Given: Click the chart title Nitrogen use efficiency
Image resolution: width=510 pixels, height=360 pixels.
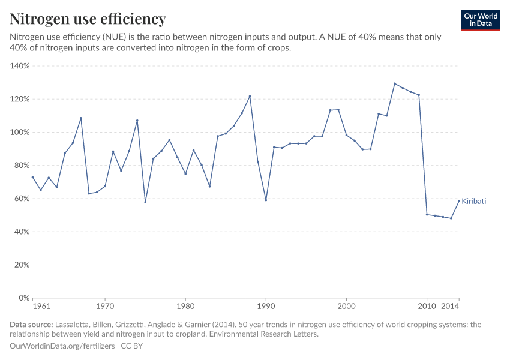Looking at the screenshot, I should tap(88, 19).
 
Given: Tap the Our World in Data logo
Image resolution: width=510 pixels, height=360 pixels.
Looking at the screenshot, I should tap(481, 20).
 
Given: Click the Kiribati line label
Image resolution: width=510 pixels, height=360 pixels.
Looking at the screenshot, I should tap(473, 202).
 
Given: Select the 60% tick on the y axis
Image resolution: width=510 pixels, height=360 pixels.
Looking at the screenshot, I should tap(22, 199).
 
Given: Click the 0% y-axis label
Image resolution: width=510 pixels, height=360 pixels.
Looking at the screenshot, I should tap(25, 298).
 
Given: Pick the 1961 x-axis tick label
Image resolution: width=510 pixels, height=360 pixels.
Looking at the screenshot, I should tap(41, 307).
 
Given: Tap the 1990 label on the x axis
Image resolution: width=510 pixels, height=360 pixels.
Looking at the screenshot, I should tap(266, 307).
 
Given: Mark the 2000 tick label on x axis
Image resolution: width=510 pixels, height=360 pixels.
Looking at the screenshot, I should tap(346, 307).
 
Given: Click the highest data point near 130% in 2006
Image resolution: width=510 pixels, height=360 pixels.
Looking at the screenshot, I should tap(395, 83).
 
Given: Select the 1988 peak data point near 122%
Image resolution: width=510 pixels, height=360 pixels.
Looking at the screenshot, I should tap(250, 96).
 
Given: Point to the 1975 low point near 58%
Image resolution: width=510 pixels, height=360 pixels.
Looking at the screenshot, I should tap(145, 202).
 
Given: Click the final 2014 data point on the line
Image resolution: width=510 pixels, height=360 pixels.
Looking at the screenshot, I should tap(459, 201).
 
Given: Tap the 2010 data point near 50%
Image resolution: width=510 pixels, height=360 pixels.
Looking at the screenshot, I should tap(427, 214).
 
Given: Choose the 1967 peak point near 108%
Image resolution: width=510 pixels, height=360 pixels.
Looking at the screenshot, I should tap(81, 118).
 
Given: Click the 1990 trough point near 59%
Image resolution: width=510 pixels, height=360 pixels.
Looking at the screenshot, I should tap(266, 200).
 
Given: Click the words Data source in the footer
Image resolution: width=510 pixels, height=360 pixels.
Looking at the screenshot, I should tap(31, 325).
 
